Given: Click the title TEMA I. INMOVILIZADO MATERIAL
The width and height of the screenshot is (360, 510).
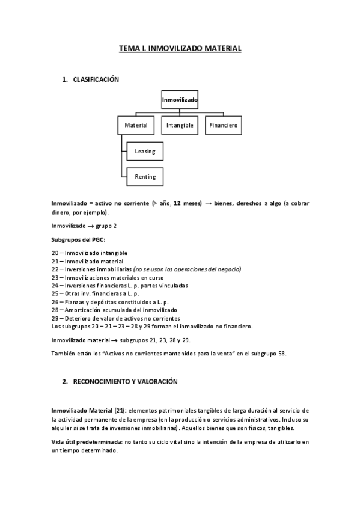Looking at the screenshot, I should [180, 48].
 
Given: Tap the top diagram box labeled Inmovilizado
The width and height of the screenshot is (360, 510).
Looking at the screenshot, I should [180, 99].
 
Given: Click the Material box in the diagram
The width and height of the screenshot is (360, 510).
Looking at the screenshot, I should [136, 125].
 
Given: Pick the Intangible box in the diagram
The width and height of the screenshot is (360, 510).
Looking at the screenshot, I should [180, 125].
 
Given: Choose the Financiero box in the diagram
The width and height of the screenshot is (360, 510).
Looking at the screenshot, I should [224, 125].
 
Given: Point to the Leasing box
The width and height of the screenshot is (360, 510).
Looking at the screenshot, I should [145, 151].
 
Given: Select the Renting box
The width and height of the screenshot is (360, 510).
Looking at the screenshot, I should [145, 177].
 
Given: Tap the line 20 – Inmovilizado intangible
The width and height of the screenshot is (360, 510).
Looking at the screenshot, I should [90, 253].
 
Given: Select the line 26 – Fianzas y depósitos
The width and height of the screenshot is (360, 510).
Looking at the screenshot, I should [109, 301].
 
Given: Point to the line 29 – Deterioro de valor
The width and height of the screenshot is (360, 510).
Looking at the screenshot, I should [116, 318].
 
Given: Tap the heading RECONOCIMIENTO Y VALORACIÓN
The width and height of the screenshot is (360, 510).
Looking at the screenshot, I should [125, 381].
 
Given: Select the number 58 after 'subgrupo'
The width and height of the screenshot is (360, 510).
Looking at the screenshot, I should [282, 353].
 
